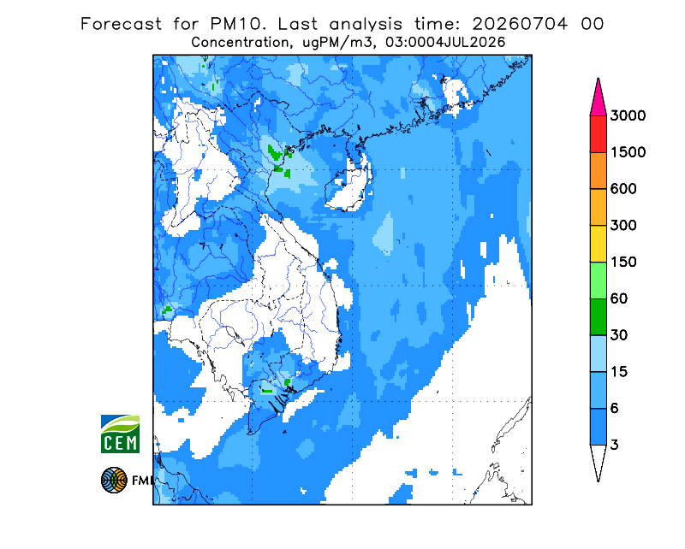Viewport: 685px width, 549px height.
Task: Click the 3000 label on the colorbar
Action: (628, 115)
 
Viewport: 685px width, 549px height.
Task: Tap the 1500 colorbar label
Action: (628, 152)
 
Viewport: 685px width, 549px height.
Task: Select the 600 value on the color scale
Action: (623, 189)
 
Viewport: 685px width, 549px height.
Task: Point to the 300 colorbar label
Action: (623, 226)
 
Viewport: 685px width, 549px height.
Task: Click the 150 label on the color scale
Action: (623, 263)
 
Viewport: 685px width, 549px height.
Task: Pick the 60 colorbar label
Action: (619, 299)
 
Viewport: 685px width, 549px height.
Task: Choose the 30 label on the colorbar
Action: (619, 335)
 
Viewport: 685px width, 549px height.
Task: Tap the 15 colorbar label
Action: (619, 372)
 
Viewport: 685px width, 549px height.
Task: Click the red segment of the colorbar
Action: (598, 134)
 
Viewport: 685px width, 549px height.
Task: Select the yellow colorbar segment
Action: (598, 244)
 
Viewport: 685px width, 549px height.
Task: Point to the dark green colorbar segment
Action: (598, 317)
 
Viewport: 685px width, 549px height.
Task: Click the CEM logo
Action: (120, 434)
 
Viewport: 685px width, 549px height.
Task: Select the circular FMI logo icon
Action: (114, 481)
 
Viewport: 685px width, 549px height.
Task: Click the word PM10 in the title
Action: (237, 24)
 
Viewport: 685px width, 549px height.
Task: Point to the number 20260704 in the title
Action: (520, 24)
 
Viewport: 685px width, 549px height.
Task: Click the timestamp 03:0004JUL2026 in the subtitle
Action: (444, 43)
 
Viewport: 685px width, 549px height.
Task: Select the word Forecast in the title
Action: (121, 24)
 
